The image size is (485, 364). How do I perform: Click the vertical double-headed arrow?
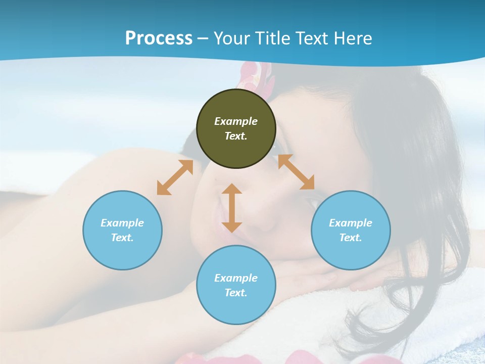pyautogui.click(x=232, y=208)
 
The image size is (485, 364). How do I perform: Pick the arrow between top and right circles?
pyautogui.click(x=296, y=172)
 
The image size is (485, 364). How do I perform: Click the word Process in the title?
pyautogui.click(x=159, y=38)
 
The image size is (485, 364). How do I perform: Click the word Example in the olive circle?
pyautogui.click(x=236, y=121)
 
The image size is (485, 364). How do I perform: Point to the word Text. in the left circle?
pyautogui.click(x=122, y=238)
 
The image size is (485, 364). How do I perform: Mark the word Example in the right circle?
pyautogui.click(x=351, y=223)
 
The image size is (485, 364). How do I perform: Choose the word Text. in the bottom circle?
pyautogui.click(x=236, y=293)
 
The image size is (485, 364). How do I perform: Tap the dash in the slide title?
pyautogui.click(x=203, y=38)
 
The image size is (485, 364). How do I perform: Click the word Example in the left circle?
pyautogui.click(x=122, y=223)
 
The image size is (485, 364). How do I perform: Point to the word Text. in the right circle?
pyautogui.click(x=351, y=238)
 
